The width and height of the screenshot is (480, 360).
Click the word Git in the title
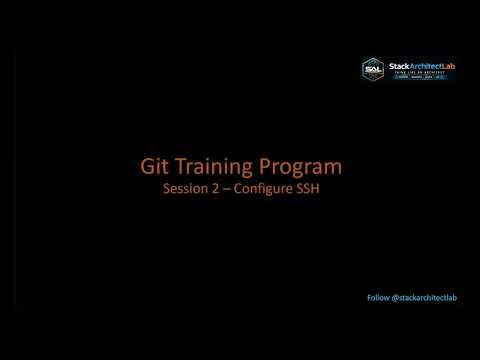click(x=152, y=166)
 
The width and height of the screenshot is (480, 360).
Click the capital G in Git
click(x=143, y=166)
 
